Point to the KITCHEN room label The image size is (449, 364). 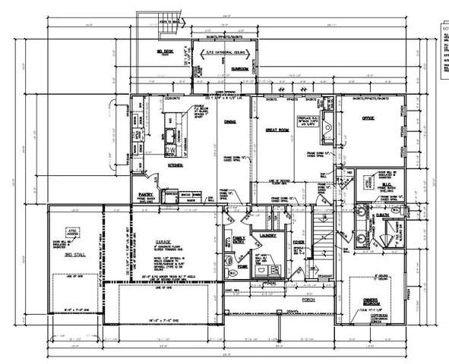175,164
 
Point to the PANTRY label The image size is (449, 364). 147,194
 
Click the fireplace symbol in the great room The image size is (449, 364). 325,121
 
